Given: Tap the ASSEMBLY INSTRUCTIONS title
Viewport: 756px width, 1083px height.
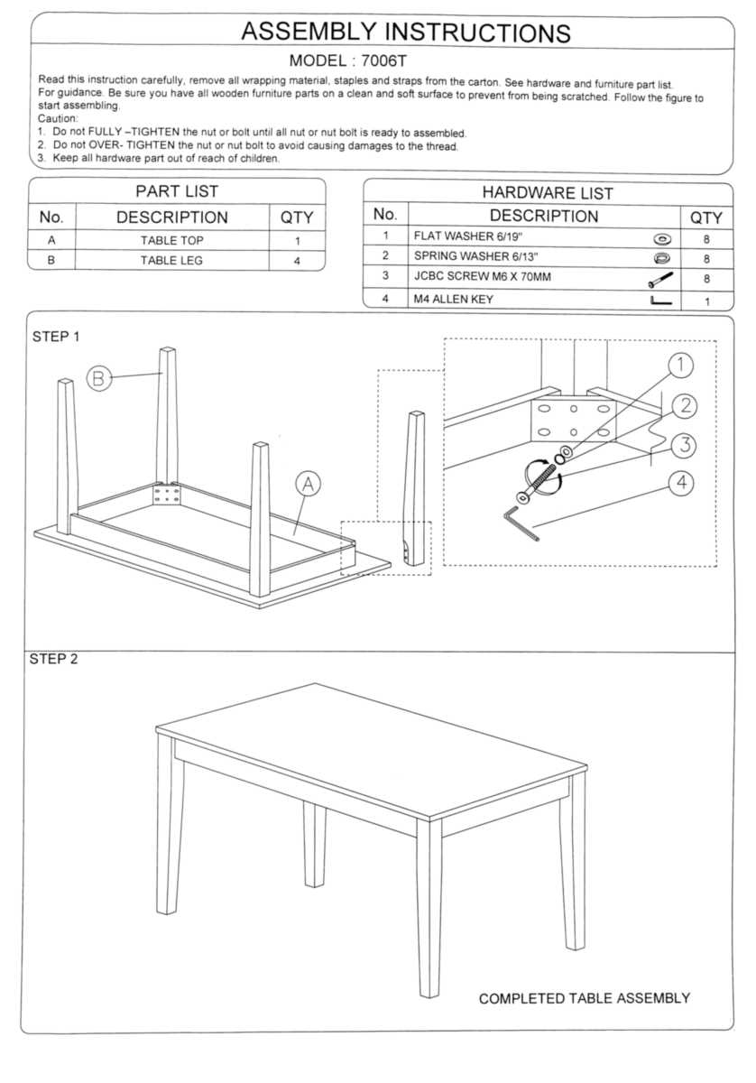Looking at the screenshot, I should [405, 32].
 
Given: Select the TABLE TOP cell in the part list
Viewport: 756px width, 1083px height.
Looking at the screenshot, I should [171, 241].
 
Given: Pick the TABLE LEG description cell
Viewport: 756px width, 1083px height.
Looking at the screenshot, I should [171, 261].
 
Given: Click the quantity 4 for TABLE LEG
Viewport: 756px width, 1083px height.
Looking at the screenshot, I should [297, 262].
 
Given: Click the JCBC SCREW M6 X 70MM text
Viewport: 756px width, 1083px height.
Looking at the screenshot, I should [482, 277].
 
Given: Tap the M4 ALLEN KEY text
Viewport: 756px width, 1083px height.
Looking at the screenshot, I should [454, 300].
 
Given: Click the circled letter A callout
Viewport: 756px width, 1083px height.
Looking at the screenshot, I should [308, 484].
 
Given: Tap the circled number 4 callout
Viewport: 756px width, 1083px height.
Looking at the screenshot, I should [681, 483].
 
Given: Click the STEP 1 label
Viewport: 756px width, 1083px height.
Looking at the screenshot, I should [56, 337].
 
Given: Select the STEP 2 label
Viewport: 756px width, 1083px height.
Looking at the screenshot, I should [54, 659].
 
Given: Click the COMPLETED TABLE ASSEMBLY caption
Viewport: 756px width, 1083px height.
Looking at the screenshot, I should [584, 998].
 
